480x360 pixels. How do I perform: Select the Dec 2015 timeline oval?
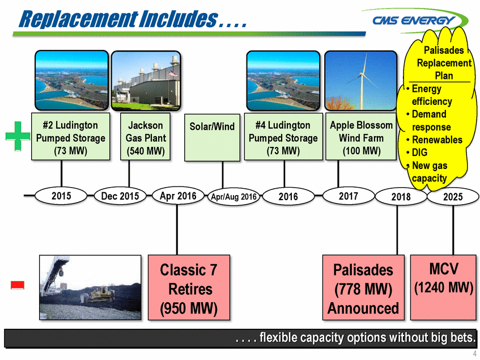[120, 196]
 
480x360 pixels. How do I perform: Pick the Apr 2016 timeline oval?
[178, 196]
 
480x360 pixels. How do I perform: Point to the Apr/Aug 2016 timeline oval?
[233, 197]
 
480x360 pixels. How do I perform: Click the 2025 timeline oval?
[453, 197]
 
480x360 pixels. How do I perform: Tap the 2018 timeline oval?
[401, 197]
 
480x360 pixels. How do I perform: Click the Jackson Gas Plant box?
[145, 138]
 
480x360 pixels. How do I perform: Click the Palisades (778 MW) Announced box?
[363, 288]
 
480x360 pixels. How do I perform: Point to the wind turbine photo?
[360, 80]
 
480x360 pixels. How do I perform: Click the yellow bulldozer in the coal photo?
[99, 294]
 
